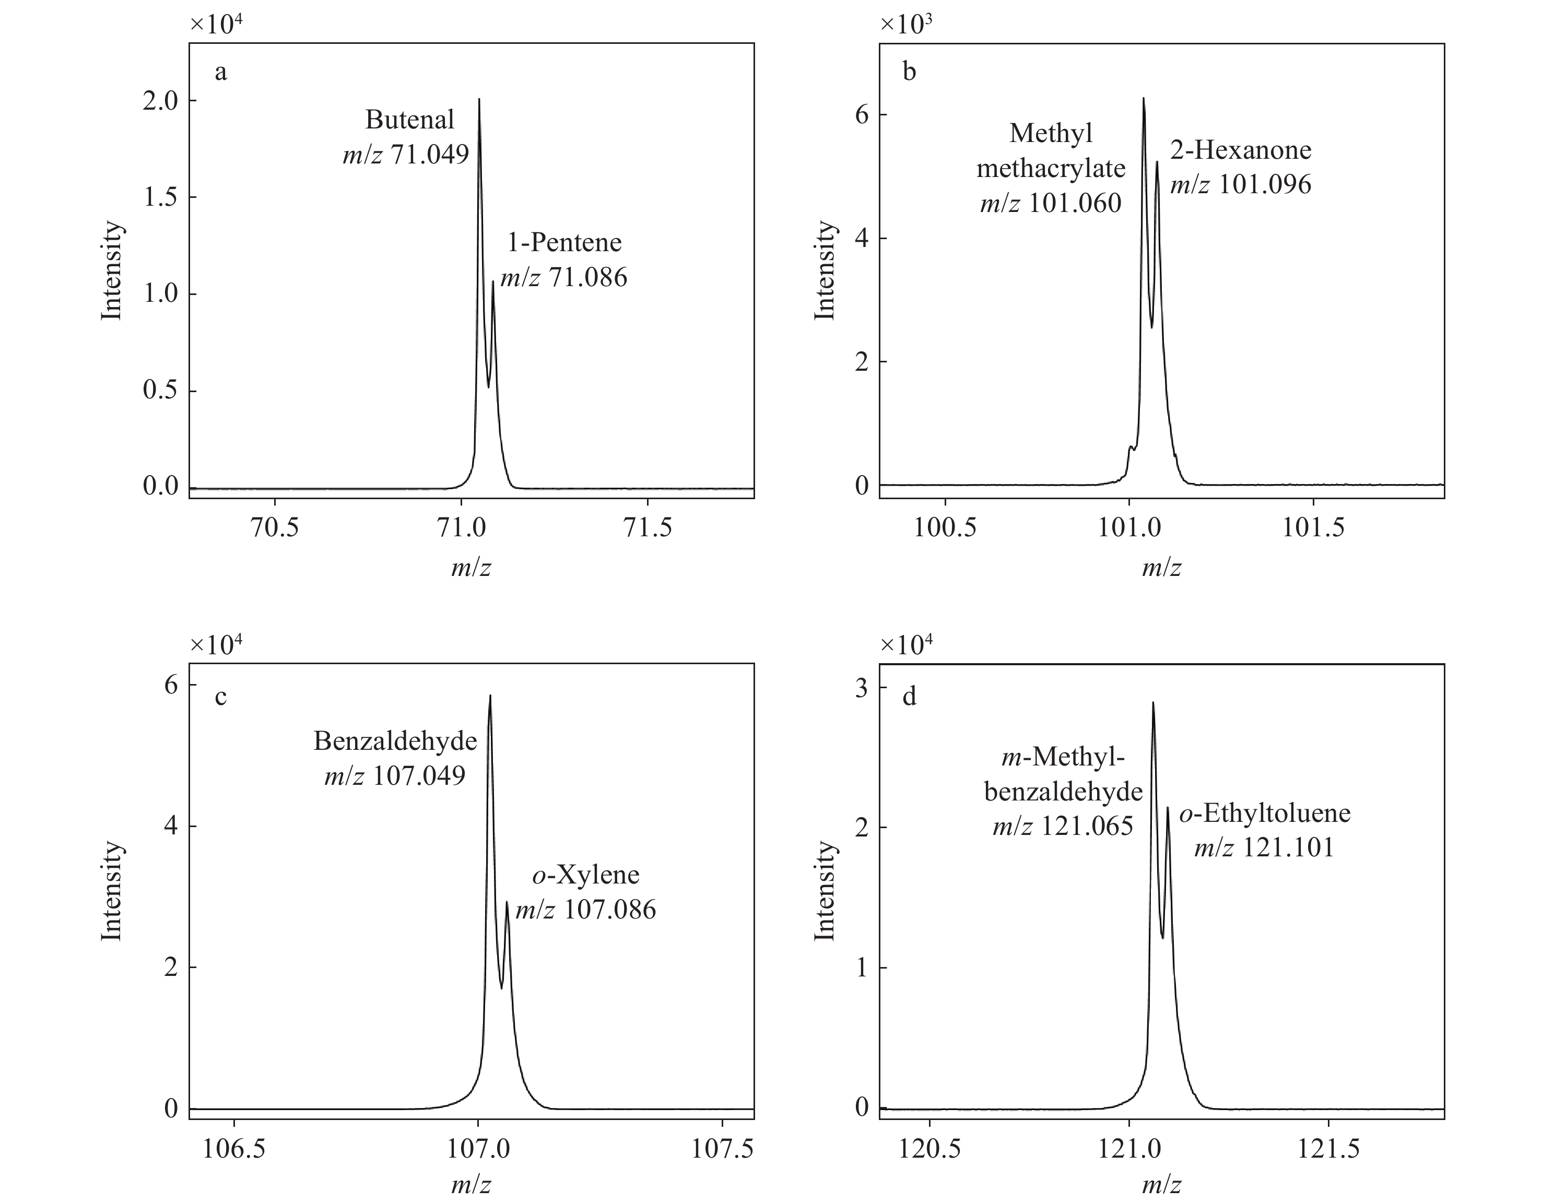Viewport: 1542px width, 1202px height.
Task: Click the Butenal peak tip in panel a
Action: [x=479, y=100]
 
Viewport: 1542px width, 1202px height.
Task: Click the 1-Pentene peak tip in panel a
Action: [x=493, y=281]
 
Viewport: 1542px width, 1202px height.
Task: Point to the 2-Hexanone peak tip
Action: [x=1157, y=162]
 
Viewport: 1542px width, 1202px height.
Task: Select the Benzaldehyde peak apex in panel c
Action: [x=490, y=696]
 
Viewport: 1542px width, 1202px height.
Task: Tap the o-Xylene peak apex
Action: [x=506, y=902]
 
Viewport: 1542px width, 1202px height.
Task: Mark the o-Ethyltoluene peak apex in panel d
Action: [x=1168, y=807]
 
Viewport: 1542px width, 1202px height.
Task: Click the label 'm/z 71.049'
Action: [x=406, y=154]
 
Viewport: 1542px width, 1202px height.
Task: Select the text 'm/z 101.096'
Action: [x=1241, y=184]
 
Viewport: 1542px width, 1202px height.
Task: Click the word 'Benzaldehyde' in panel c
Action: [x=395, y=740]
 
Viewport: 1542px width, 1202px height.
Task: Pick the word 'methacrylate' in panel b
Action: [x=1051, y=168]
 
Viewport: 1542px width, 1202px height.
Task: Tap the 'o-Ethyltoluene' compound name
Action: [x=1265, y=812]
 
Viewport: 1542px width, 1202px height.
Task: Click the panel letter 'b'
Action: [x=910, y=72]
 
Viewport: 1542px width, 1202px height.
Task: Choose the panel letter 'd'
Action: [x=910, y=697]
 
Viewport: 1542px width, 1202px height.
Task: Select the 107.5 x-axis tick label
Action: [x=722, y=1149]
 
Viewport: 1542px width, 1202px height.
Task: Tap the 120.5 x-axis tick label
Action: [x=930, y=1149]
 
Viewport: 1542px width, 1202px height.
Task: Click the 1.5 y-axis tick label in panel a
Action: [x=160, y=197]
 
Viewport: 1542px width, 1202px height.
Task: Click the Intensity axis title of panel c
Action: [x=112, y=891]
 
